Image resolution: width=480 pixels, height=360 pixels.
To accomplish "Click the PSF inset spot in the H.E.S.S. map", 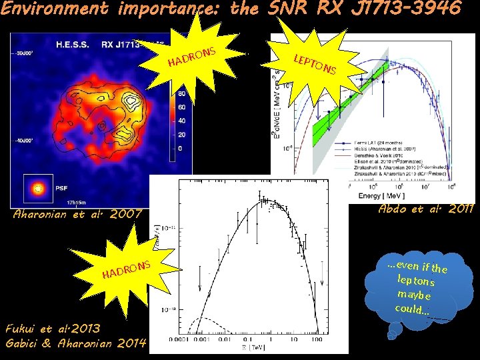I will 39,189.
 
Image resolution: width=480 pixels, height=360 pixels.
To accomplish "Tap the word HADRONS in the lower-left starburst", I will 127,270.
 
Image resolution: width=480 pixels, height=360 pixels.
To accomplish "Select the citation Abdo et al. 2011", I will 425,209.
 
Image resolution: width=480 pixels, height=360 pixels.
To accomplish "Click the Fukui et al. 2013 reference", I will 53,329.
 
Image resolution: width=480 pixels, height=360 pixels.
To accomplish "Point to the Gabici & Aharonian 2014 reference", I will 76,343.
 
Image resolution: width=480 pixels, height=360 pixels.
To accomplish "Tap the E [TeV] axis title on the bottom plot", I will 253,347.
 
